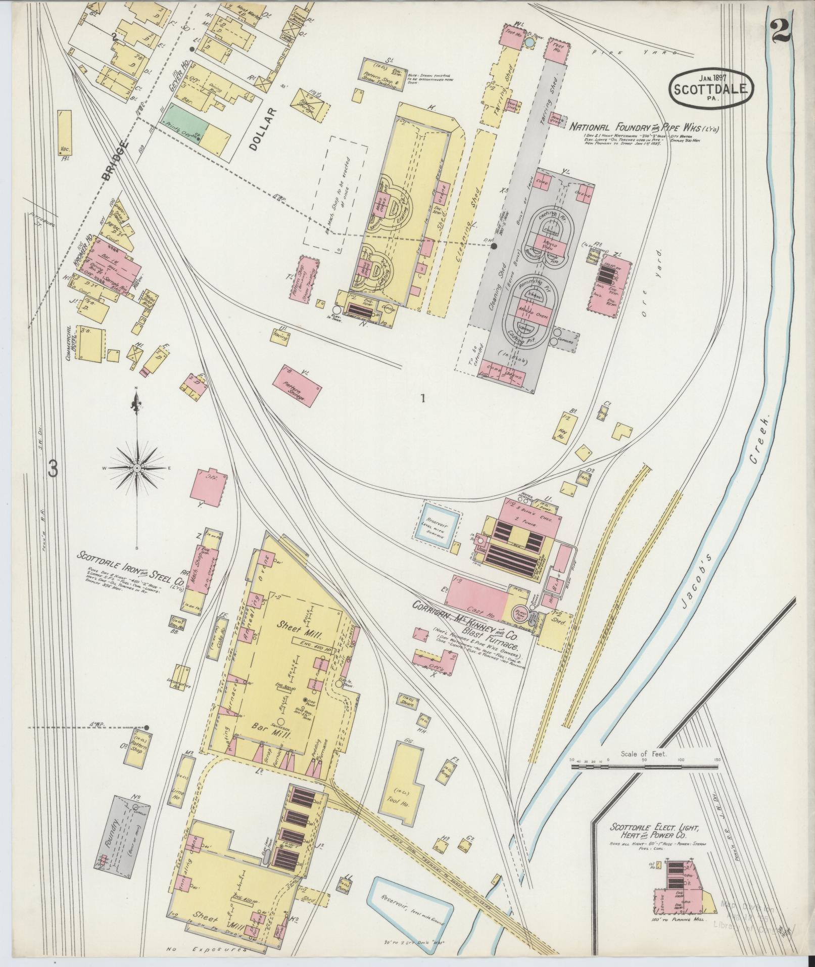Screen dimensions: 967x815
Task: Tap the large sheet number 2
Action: click(782, 33)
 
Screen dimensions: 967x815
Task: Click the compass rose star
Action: click(137, 469)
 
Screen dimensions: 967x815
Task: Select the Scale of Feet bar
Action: click(645, 781)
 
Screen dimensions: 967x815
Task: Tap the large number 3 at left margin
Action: click(53, 469)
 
